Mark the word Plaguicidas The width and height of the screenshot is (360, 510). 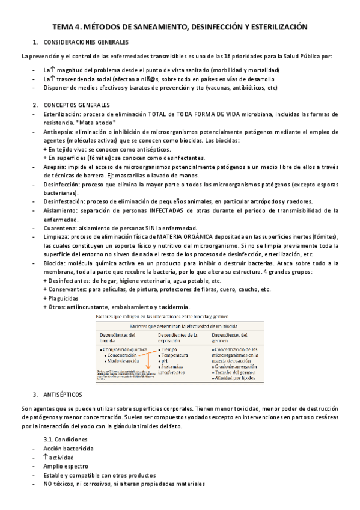[64, 298]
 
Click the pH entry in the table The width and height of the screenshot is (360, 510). [162, 361]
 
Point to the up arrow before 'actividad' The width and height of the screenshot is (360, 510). [46, 457]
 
